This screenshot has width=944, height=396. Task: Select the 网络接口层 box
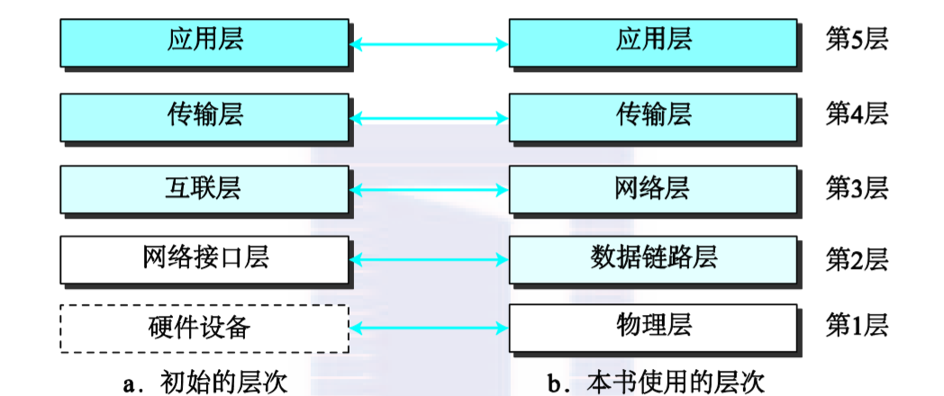(204, 258)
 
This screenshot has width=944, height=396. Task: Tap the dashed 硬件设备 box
(204, 328)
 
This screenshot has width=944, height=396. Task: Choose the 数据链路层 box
(653, 258)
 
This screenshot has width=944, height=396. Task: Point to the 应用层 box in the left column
(204, 42)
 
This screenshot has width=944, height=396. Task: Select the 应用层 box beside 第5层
(653, 42)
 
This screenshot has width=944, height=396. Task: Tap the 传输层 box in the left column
(204, 116)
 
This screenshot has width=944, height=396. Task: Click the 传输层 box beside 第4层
(653, 116)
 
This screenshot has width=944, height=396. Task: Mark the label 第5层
(857, 41)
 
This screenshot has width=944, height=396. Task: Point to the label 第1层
(857, 325)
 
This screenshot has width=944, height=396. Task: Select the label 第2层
(857, 259)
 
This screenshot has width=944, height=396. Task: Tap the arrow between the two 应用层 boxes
(429, 43)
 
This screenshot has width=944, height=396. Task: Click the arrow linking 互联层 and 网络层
(429, 189)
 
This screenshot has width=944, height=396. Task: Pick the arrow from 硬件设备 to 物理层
(429, 328)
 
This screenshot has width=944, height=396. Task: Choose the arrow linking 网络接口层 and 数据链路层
(429, 259)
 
